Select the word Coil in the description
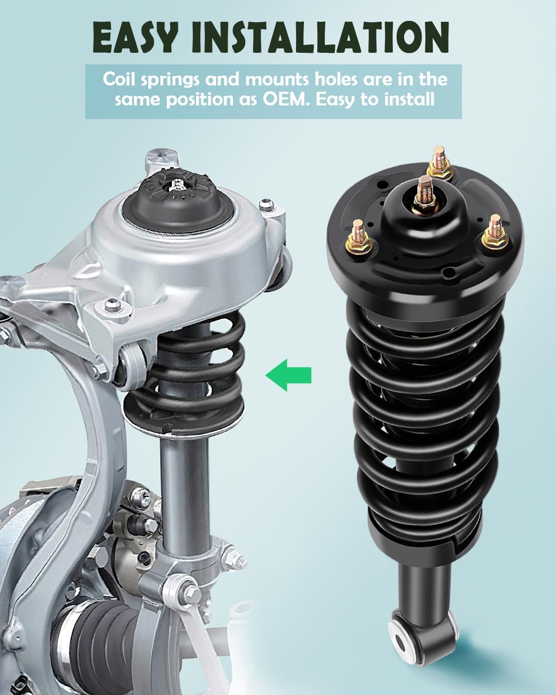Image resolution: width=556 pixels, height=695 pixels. [118, 79]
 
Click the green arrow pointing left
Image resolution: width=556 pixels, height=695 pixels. [288, 374]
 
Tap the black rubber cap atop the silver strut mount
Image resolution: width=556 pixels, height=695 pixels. [177, 193]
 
